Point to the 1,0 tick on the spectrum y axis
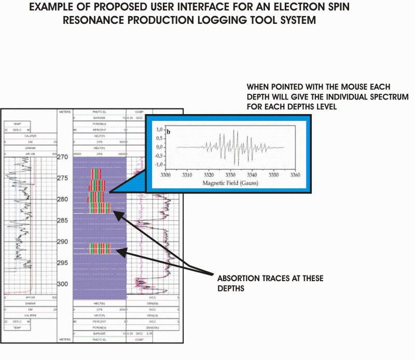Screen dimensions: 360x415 pos(161,129)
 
